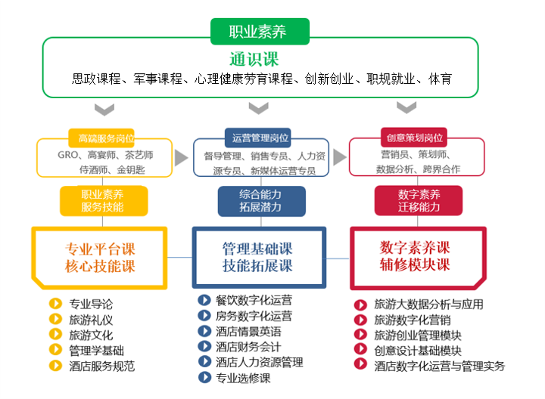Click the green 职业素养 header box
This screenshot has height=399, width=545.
(260, 31)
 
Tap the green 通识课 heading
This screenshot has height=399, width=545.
(260, 59)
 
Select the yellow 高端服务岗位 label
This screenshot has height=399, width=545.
(106, 138)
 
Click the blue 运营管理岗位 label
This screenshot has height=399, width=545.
(260, 138)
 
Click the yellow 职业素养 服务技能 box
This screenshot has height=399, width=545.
(102, 200)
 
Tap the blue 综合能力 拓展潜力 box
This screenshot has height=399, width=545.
(260, 200)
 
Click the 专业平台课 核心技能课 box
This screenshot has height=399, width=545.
(100, 258)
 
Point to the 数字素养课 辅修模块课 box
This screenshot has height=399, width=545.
(415, 256)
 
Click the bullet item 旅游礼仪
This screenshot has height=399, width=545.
(90, 320)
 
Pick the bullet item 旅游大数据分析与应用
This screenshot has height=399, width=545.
(428, 305)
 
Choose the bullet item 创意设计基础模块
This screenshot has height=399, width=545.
(417, 351)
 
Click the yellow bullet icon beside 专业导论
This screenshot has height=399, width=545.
(54, 304)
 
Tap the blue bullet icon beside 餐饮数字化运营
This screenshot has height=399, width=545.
(204, 300)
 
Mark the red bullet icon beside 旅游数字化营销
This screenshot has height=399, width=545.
(361, 320)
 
